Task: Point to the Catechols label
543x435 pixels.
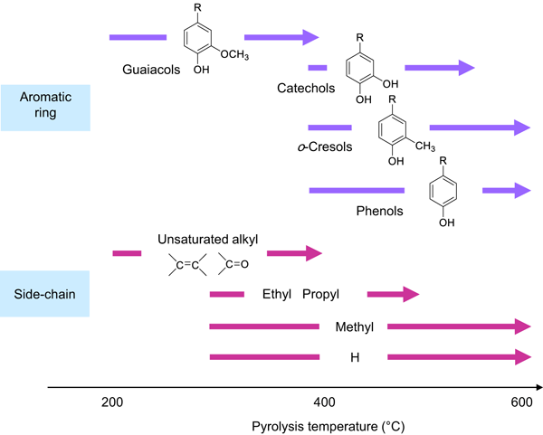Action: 306,88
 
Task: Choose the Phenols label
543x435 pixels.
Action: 380,211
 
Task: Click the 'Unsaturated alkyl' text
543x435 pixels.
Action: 208,240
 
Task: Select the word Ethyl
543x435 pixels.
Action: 276,294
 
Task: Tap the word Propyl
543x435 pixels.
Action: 321,294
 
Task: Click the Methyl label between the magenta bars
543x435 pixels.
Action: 354,326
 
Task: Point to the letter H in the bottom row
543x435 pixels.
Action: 354,358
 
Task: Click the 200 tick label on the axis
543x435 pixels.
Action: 112,402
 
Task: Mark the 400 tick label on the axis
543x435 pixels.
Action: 324,402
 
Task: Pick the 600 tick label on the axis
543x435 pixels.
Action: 522,402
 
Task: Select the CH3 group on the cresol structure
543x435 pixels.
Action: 425,146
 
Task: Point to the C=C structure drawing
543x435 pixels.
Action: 187,265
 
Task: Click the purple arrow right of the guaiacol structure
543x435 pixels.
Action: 281,37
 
